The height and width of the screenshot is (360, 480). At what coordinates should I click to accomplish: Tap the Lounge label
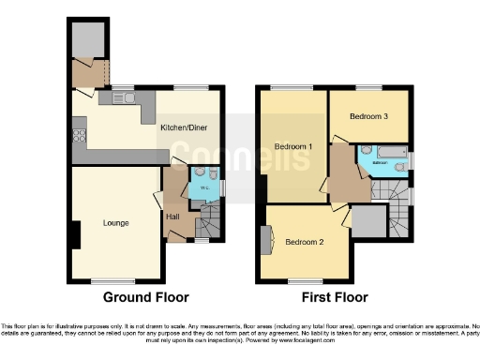click(x=116, y=222)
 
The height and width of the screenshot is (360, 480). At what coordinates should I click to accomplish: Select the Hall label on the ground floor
click(x=173, y=217)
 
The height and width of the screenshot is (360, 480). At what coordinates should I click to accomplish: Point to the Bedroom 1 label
click(x=293, y=146)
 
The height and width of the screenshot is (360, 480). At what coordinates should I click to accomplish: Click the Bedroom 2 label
click(x=305, y=242)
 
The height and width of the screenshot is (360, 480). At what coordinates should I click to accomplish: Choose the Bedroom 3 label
click(x=368, y=117)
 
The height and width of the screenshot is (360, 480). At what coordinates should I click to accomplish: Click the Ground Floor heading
click(x=145, y=297)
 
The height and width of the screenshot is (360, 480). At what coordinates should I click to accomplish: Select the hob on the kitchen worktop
click(x=78, y=134)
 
